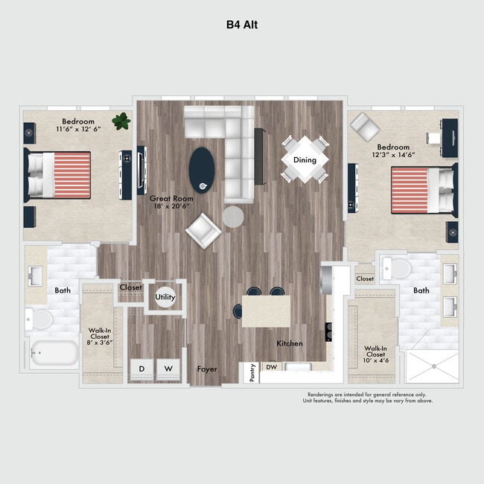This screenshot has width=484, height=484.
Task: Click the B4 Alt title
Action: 242,24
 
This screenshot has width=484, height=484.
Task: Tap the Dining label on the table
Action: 305,160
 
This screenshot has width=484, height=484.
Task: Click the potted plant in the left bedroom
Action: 120,120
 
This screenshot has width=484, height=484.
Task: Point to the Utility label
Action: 165,297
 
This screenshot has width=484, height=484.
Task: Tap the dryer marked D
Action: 141,369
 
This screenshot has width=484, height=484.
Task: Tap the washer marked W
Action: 168,369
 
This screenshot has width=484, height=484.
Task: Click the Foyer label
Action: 207,369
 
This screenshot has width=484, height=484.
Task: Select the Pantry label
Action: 252,372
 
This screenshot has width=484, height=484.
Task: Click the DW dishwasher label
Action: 272,366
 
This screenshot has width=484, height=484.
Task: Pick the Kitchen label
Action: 290,343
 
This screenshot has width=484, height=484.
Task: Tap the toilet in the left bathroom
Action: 40,319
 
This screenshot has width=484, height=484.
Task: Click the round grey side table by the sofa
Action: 233,216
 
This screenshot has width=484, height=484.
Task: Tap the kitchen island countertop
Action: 266,311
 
